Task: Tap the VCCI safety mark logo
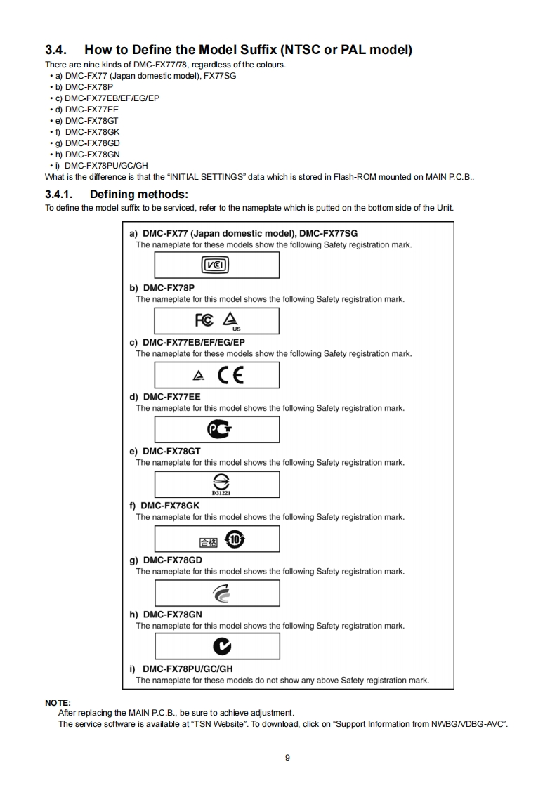(216, 265)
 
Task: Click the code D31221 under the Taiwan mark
(217, 492)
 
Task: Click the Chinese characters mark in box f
(209, 541)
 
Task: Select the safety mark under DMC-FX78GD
(217, 593)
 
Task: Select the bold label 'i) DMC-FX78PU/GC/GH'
(181, 669)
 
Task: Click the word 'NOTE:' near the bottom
(58, 702)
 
